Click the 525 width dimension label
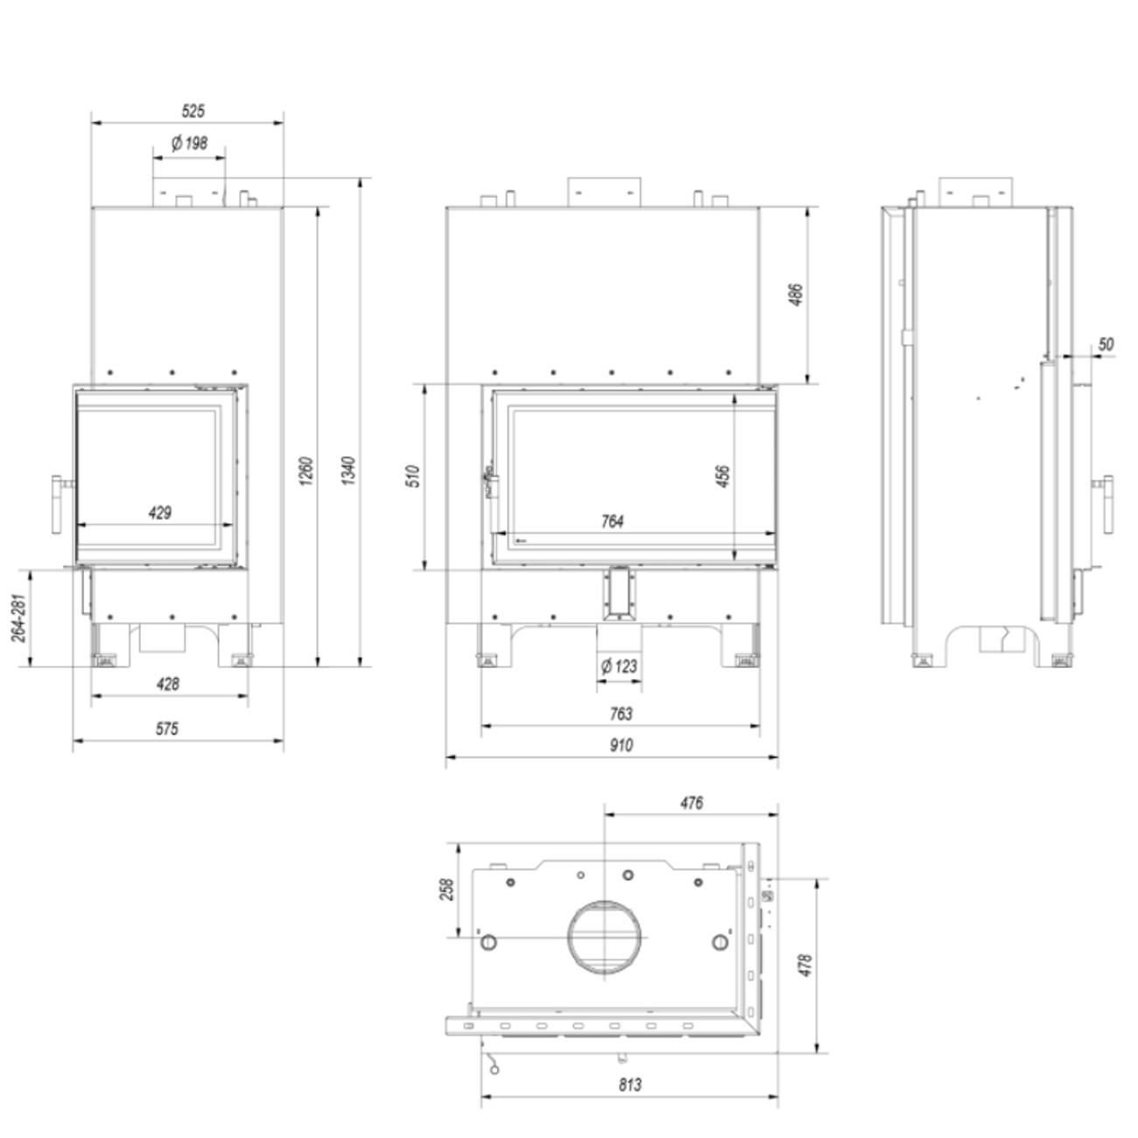[x=193, y=111]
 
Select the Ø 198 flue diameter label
[x=189, y=144]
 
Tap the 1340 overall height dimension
[x=348, y=470]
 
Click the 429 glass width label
[x=159, y=513]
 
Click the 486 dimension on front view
[x=797, y=296]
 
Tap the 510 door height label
[x=415, y=476]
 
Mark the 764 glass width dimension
[x=613, y=522]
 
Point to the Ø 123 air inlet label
[x=619, y=667]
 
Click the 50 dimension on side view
[x=1106, y=344]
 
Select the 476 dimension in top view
[x=691, y=803]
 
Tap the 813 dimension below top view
[x=629, y=1085]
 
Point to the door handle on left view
[x=58, y=503]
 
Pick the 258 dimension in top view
[x=446, y=889]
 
